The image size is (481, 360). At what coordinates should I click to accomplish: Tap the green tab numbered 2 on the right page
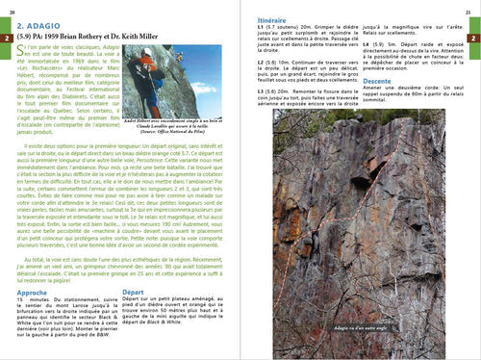[473, 38]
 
